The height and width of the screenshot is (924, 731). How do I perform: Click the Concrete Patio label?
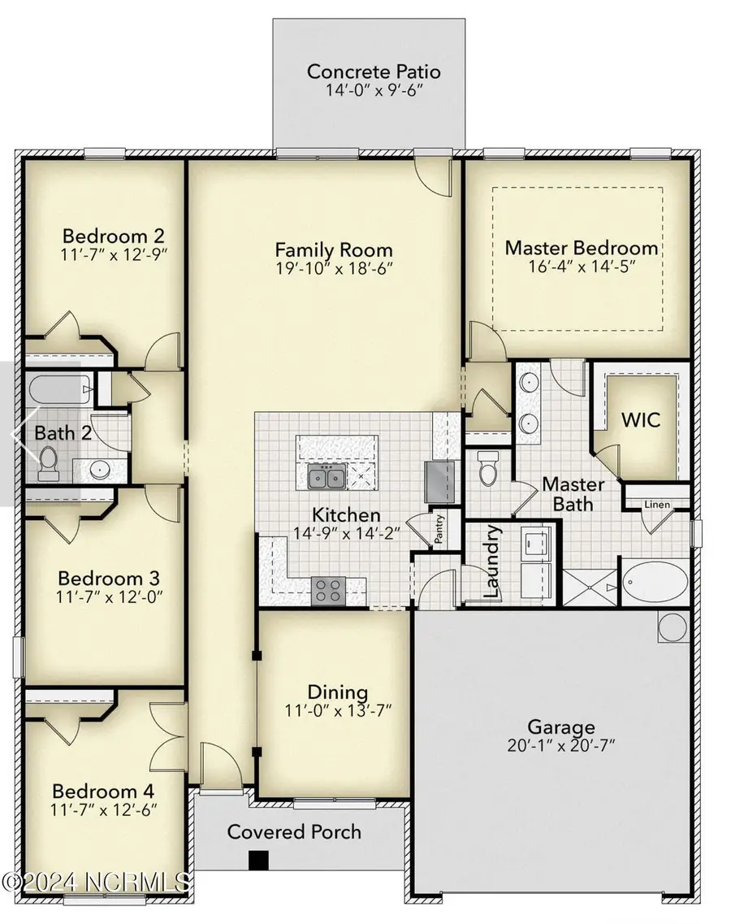374,71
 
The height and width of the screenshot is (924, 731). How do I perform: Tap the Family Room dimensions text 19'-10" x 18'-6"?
334,269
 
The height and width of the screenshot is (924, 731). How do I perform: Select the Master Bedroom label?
582,247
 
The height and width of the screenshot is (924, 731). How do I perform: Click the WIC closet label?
641,420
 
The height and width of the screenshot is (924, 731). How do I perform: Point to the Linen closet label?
657,505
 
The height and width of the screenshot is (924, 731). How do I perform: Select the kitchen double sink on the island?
327,477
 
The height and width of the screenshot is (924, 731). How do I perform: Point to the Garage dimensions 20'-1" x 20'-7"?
561,748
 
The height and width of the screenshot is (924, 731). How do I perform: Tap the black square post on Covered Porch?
259,859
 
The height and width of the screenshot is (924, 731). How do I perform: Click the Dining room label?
337,692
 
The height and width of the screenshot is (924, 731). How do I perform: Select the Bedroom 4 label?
103,791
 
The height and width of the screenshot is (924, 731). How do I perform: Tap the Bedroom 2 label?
114,236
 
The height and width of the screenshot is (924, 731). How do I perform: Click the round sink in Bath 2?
101,468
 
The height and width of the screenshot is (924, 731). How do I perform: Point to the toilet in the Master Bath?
488,470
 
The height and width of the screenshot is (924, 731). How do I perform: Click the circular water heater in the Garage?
673,627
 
